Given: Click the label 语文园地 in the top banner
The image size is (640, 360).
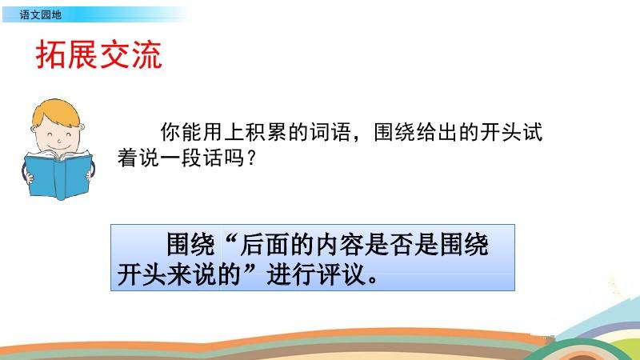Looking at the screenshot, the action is point(41,15).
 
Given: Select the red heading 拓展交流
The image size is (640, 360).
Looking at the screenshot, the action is point(99,55).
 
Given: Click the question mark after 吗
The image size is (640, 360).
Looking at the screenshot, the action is point(250,158).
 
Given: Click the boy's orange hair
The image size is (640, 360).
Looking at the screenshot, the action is point(57,112).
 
